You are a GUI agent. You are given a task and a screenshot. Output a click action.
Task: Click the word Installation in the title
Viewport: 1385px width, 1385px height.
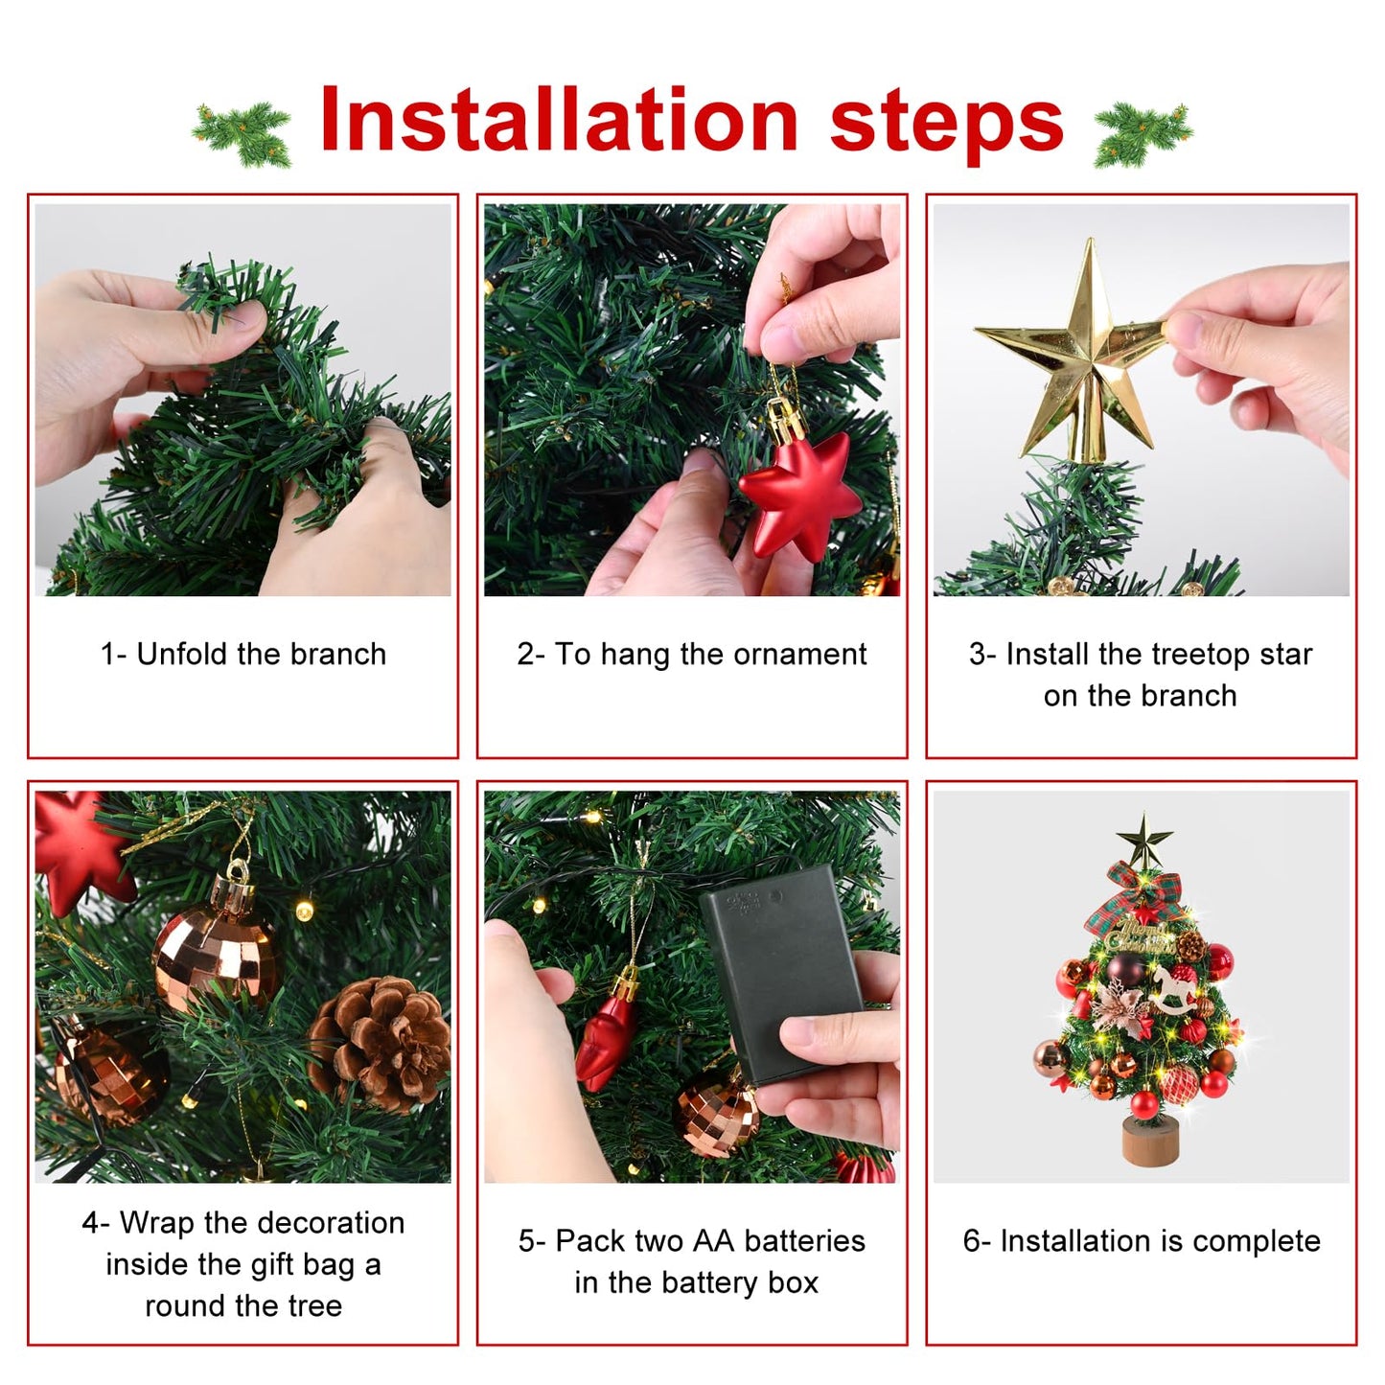[558, 121]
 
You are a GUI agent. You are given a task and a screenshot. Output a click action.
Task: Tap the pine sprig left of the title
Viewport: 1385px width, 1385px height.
[242, 133]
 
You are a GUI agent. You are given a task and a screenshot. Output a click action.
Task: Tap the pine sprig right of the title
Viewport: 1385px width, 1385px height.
[1143, 133]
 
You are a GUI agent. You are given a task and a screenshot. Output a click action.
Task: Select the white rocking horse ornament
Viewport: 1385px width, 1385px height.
[1174, 990]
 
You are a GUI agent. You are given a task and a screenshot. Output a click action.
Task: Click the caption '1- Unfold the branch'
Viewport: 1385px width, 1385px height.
[243, 655]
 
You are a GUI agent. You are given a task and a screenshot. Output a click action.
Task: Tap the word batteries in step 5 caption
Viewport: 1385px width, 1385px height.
[804, 1241]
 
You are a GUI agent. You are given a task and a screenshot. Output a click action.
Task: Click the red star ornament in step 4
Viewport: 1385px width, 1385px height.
[77, 848]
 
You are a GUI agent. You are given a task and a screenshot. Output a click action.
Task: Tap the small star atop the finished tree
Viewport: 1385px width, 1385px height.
[1144, 840]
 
